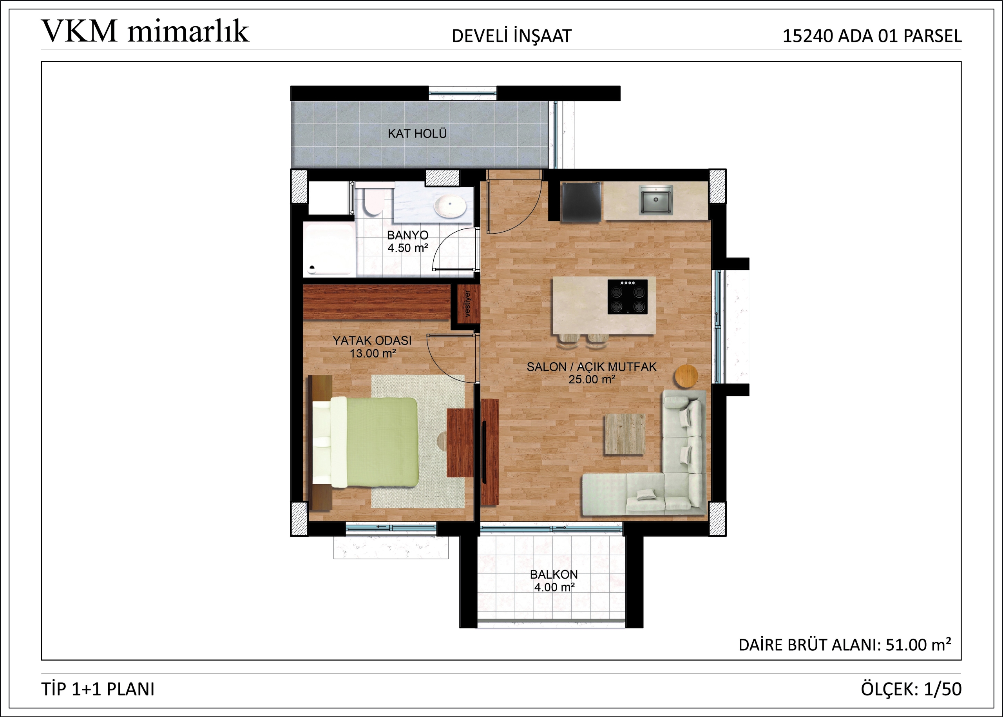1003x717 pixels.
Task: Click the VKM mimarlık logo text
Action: coord(145,31)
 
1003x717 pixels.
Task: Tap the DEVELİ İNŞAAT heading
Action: coord(511,36)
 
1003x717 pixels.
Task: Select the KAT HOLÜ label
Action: coord(417,133)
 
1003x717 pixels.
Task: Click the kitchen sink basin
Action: coord(656,200)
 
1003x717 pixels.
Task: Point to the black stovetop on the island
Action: coord(628,297)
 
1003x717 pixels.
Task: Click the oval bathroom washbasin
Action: coord(450,206)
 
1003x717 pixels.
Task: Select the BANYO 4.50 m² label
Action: coord(408,241)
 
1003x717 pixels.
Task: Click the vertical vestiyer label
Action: coord(467,303)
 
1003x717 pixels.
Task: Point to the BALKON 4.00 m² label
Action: coord(554,581)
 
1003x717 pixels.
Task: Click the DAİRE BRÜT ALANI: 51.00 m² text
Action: coord(845,645)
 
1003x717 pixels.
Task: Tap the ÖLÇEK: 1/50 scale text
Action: coord(911,689)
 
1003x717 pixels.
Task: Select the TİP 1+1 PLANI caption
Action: coord(98,689)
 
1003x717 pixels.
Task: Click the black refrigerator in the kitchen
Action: coord(580,202)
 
